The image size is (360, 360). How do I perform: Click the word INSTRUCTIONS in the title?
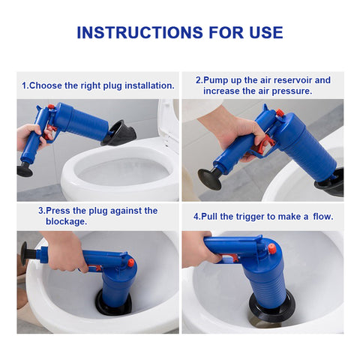(x=140, y=32)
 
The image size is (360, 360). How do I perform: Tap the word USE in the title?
(x=266, y=32)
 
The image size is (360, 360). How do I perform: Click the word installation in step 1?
(x=149, y=85)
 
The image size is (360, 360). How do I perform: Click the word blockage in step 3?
(x=67, y=222)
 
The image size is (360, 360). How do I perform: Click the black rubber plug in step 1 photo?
(x=119, y=133)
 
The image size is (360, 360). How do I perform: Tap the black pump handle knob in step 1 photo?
(x=25, y=169)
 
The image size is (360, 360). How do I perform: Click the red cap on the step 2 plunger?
(x=280, y=113)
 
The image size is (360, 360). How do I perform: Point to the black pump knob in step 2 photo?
(x=209, y=178)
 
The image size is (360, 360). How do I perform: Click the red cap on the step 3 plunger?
(x=131, y=263)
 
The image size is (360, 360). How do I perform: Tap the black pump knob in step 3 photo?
(x=25, y=253)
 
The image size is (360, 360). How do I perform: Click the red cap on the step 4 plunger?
(x=272, y=248)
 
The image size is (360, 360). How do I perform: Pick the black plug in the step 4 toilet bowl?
(x=272, y=307)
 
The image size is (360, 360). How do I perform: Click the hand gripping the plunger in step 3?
(x=65, y=250)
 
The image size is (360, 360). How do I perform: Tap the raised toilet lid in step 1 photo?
(x=168, y=120)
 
